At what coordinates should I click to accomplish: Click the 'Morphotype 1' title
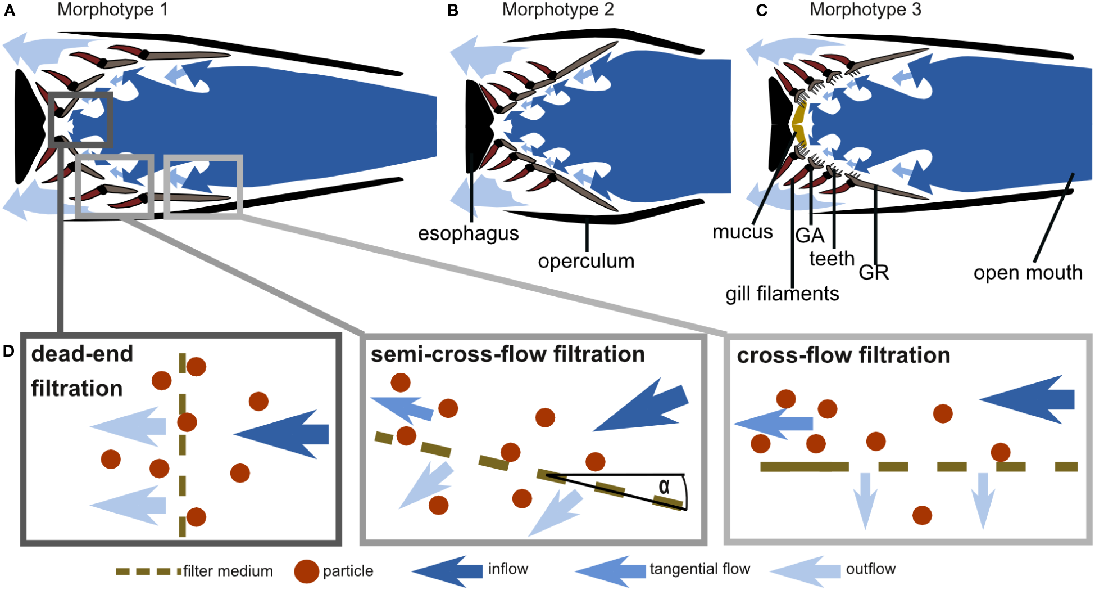[x=112, y=10]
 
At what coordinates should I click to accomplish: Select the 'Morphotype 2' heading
[x=557, y=10]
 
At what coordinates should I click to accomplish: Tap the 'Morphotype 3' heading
[x=865, y=10]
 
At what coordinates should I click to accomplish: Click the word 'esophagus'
[x=468, y=233]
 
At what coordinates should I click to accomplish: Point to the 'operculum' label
[x=586, y=261]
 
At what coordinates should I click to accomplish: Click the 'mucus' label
[x=742, y=232]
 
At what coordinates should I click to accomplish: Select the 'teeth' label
[x=832, y=259]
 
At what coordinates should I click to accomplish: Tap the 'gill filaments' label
[x=782, y=294]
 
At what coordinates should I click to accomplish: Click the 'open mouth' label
[x=1028, y=273]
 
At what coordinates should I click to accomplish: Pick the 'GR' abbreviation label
[x=874, y=272]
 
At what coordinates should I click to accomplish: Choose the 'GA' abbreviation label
[x=810, y=235]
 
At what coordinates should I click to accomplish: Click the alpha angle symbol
[x=664, y=487]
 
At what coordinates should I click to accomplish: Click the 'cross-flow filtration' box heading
[x=843, y=355]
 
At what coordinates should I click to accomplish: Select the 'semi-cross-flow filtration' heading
[x=508, y=354]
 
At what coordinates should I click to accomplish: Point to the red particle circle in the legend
[x=306, y=571]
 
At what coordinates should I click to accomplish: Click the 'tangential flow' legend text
[x=699, y=569]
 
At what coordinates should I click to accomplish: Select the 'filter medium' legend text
[x=228, y=571]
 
